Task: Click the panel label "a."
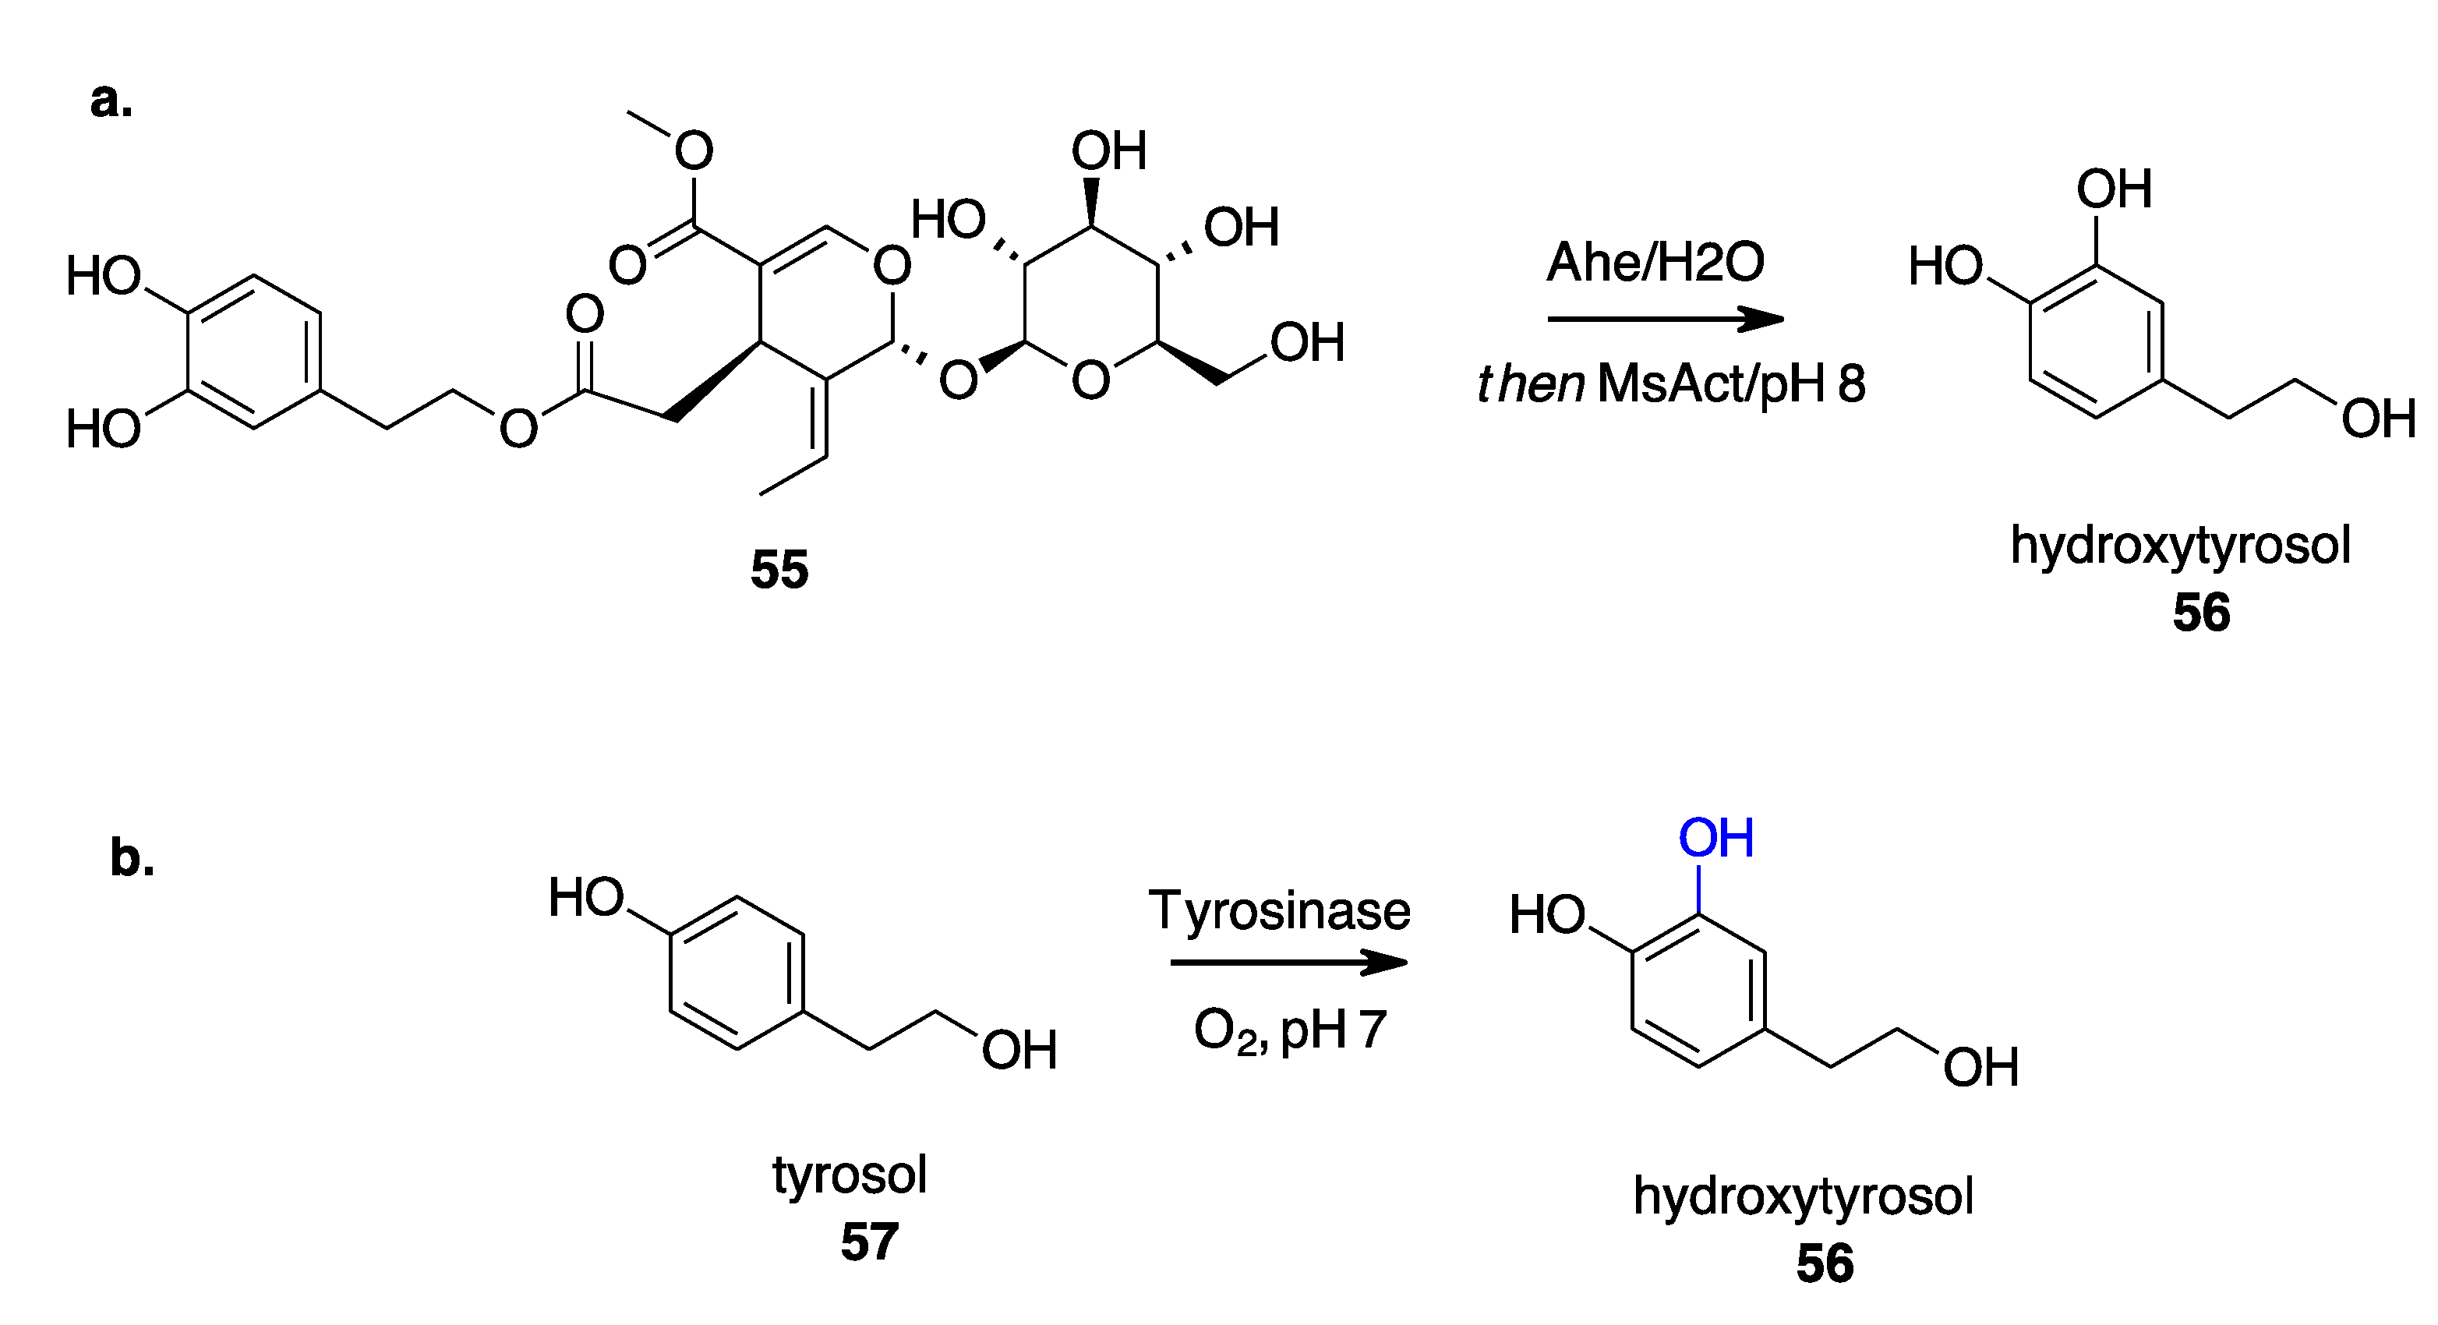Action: click(111, 101)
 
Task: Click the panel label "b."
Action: click(132, 858)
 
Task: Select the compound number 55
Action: click(779, 570)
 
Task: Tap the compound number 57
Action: click(869, 1242)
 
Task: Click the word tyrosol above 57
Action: click(849, 1175)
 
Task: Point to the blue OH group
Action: click(1716, 839)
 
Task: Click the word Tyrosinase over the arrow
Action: click(1280, 911)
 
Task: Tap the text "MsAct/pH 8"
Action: click(1731, 384)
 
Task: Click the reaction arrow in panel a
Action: click(1665, 319)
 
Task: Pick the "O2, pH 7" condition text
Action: click(1290, 1030)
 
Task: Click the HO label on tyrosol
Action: click(587, 897)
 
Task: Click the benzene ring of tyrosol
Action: click(737, 973)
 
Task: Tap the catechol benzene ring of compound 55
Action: click(253, 352)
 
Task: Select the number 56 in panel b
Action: click(1825, 1263)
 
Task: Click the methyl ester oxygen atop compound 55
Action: click(694, 150)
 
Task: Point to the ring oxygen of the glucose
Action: click(1090, 381)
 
